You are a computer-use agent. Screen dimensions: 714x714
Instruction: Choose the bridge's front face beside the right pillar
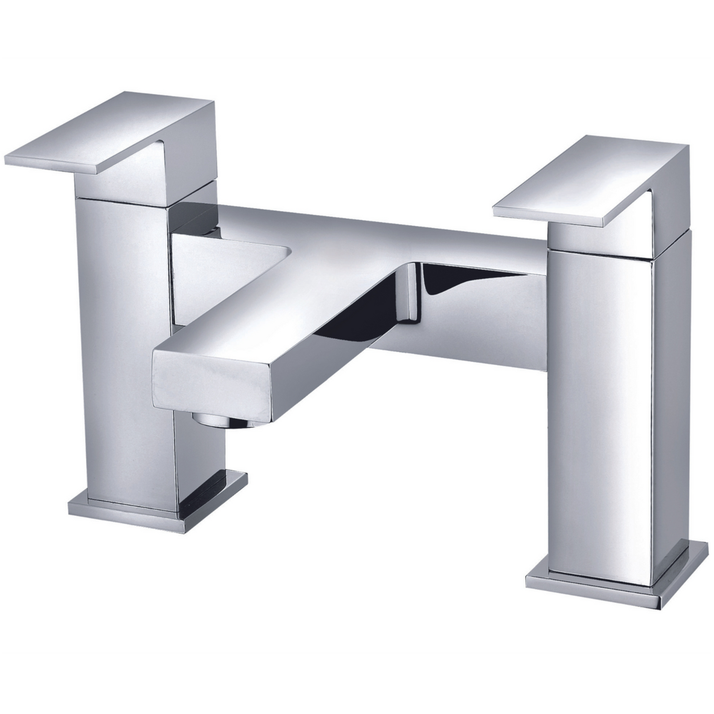512,329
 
